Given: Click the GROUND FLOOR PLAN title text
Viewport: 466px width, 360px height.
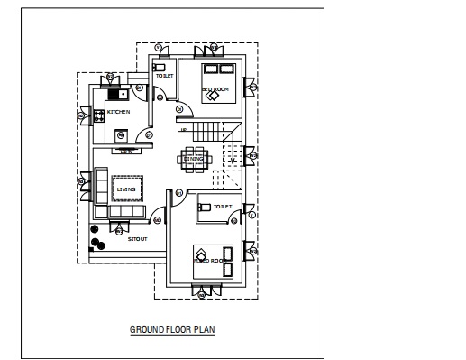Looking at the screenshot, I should pyautogui.click(x=172, y=330).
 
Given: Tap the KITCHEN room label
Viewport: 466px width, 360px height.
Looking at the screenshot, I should pyautogui.click(x=119, y=112).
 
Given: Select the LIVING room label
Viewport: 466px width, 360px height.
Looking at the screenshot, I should pyautogui.click(x=125, y=189).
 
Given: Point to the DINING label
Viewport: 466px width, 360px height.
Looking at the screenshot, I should pyautogui.click(x=196, y=160).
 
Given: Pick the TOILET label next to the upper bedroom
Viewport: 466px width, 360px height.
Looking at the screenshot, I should pyautogui.click(x=164, y=77).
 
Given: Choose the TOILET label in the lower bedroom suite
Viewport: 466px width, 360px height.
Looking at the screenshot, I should pyautogui.click(x=222, y=208).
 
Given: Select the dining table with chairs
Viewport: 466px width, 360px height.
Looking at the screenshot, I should pyautogui.click(x=196, y=159).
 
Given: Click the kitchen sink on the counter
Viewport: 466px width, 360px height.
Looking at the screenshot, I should pyautogui.click(x=117, y=93).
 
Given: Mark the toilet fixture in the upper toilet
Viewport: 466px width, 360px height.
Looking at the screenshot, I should pyautogui.click(x=160, y=67).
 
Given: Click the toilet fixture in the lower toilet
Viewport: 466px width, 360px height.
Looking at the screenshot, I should pyautogui.click(x=205, y=207).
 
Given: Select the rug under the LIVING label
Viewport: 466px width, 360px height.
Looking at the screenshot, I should pyautogui.click(x=125, y=189).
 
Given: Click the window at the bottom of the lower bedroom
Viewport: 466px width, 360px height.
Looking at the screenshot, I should pyautogui.click(x=206, y=290).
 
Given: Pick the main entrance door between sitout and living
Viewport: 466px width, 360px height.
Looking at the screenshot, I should pyautogui.click(x=159, y=217).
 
